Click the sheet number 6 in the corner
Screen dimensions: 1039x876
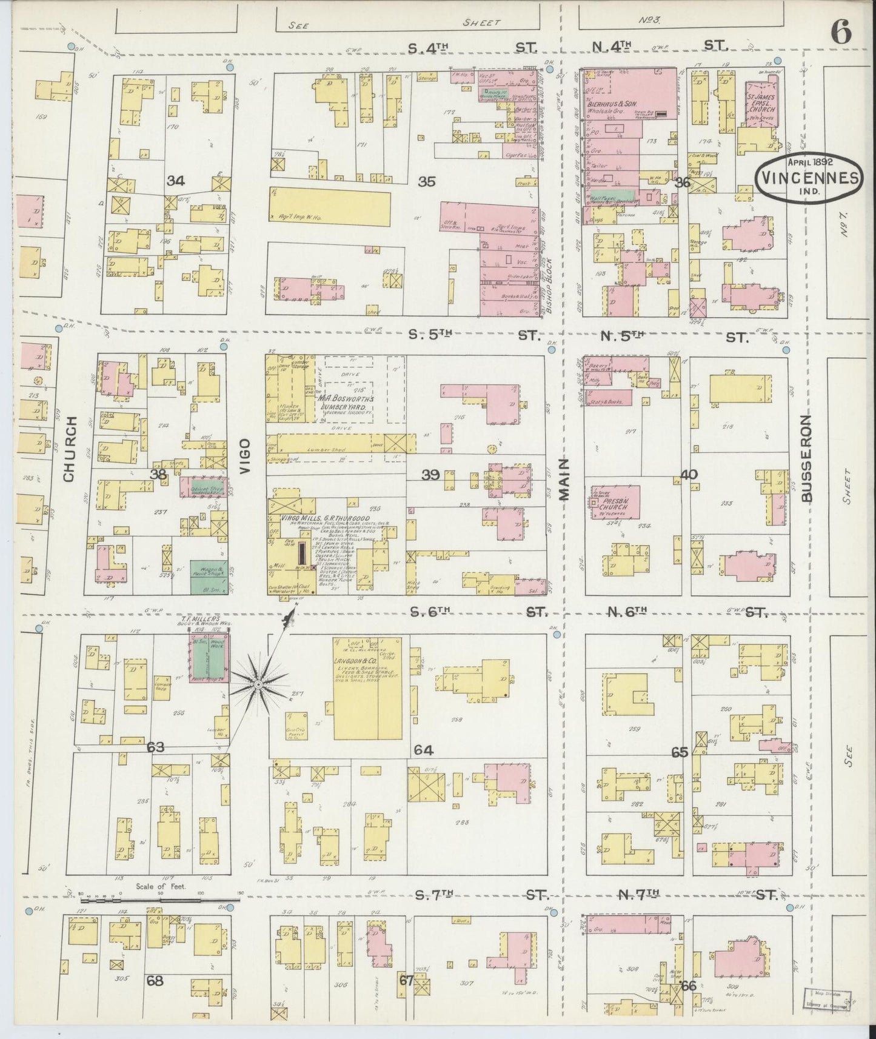point(841,32)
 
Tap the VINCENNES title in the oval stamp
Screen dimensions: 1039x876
point(807,178)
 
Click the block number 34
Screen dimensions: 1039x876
point(176,181)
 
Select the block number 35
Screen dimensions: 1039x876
point(427,181)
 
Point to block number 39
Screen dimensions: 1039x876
point(430,475)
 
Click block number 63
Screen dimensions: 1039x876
point(156,747)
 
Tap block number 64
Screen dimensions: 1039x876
point(423,750)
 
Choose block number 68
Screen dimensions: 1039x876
point(155,980)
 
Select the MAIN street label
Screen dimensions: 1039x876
point(564,479)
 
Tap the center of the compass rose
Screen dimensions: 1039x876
point(258,685)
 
